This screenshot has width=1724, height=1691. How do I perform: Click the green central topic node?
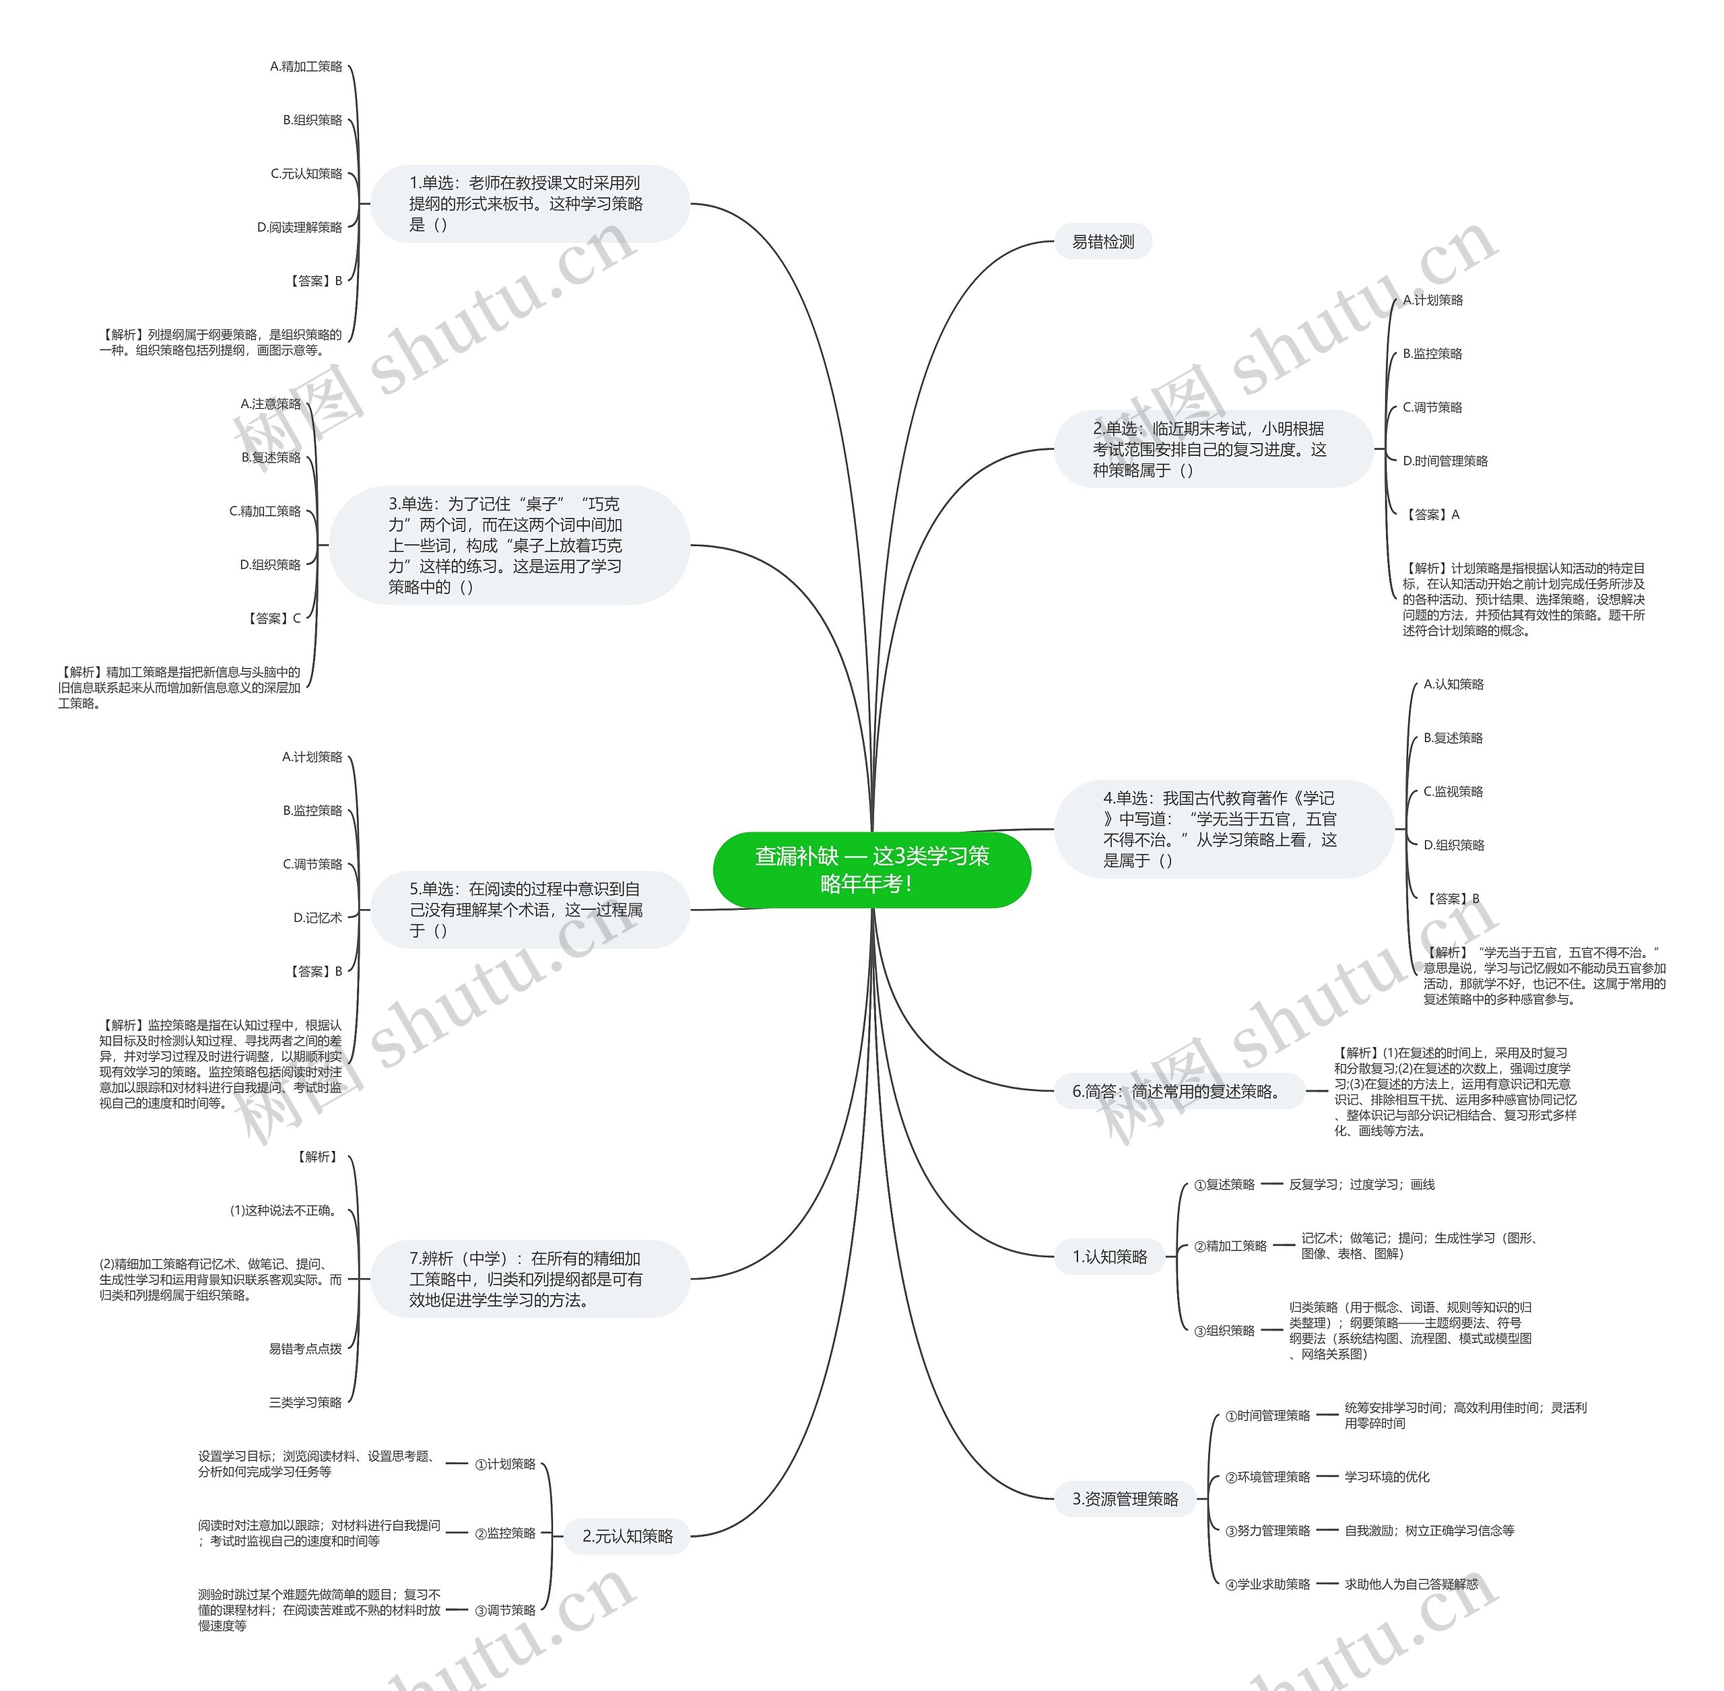(871, 869)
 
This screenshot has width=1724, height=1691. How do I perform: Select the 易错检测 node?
(1102, 242)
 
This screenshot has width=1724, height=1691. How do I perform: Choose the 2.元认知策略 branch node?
(627, 1535)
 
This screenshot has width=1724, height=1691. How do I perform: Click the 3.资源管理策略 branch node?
(1125, 1499)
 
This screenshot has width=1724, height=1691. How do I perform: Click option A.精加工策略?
(306, 67)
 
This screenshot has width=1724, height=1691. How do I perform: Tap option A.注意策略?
(271, 404)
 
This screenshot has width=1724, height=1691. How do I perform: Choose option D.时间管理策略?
(1445, 461)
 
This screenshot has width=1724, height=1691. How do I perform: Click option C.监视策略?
(1453, 791)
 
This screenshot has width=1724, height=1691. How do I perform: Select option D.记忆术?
(318, 917)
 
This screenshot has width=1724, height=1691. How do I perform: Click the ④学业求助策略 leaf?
(1267, 1585)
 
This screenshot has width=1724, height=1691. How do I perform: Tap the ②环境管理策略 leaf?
(1267, 1477)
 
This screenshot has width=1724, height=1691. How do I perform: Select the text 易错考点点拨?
(306, 1348)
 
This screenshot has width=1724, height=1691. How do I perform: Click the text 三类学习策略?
(306, 1402)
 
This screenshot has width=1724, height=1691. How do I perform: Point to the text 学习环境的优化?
(1387, 1477)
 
